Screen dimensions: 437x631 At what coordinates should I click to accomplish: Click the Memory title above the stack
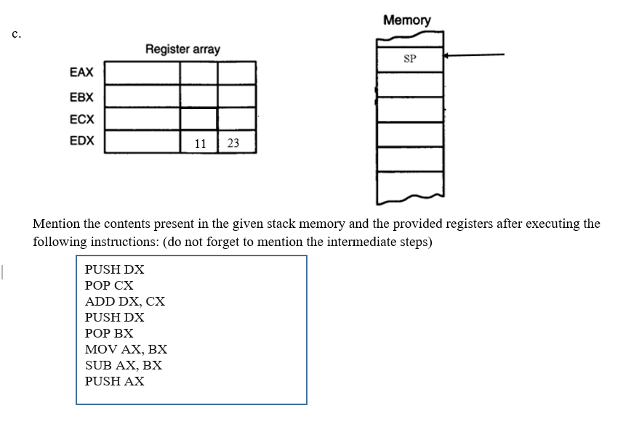click(406, 20)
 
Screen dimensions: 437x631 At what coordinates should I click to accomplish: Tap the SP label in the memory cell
click(409, 59)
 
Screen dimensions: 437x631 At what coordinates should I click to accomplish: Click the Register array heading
click(182, 49)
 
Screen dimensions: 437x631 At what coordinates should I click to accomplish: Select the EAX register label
click(81, 73)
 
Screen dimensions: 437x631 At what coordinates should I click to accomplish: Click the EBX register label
click(81, 97)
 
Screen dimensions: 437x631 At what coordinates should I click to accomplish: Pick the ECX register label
click(81, 118)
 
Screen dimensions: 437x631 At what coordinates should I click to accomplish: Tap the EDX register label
click(81, 141)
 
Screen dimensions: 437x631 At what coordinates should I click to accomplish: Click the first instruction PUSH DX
click(114, 269)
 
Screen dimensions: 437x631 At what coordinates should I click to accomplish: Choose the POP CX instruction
click(109, 285)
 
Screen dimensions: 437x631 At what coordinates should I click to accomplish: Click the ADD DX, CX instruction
click(125, 301)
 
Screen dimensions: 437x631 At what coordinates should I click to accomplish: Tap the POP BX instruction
click(109, 333)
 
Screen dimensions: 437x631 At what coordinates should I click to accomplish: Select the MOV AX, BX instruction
click(126, 349)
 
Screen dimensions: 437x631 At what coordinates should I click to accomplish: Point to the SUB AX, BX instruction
click(124, 365)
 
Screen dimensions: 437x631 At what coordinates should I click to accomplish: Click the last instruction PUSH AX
click(114, 381)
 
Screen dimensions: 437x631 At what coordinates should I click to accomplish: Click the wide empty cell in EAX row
click(142, 73)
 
